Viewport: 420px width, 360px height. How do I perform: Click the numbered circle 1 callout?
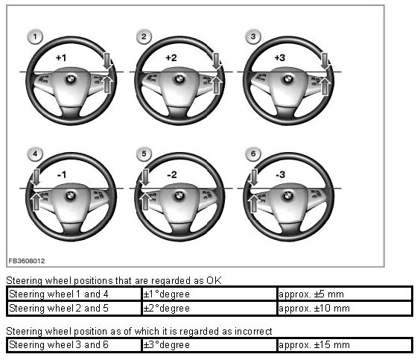35,37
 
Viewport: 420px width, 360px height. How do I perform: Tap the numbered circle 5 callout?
144,154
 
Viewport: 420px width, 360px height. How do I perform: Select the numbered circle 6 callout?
253,154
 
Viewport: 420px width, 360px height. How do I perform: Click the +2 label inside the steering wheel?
171,57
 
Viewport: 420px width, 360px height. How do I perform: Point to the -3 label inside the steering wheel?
281,174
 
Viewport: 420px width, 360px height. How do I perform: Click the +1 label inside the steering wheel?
61,57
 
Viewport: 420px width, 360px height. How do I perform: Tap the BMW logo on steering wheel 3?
287,79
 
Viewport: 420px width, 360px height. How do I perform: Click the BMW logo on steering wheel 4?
71,196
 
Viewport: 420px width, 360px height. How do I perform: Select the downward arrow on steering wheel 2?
216,61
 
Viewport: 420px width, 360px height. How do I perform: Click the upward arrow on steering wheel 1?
107,84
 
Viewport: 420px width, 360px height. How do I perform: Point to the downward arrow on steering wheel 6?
253,177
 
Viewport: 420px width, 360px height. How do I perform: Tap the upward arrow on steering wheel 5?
145,201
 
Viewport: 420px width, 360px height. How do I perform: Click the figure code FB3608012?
27,261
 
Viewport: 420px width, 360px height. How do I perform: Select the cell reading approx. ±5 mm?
344,294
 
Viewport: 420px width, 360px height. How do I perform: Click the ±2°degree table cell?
209,309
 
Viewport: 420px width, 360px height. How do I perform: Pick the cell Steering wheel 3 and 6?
74,345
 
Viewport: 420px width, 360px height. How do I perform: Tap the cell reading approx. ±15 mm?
344,345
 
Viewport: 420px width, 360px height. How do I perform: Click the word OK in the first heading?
214,281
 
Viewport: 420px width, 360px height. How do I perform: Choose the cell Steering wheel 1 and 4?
74,294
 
